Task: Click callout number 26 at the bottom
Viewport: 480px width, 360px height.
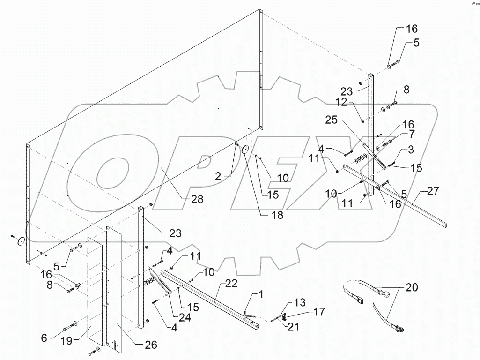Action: pyautogui.click(x=150, y=345)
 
